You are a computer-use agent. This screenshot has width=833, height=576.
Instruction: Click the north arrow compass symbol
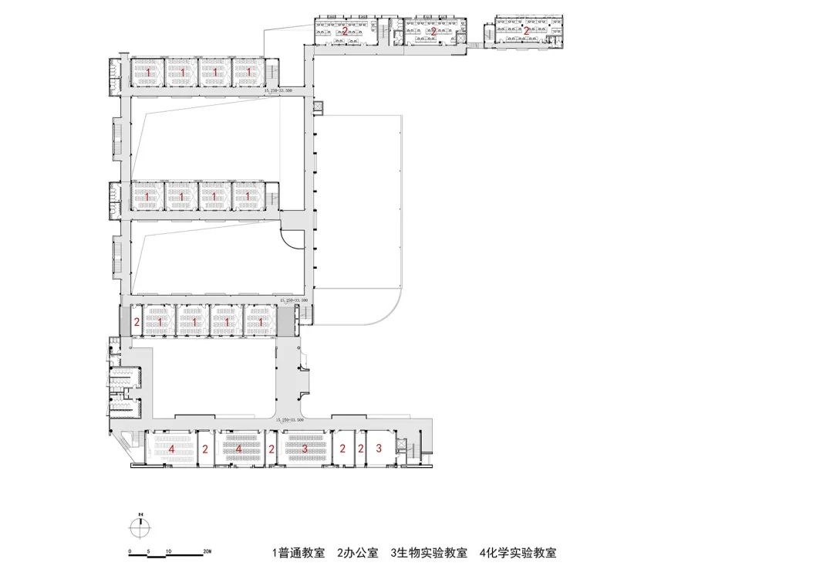tap(138, 529)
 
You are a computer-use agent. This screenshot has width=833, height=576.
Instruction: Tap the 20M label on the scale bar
tap(206, 551)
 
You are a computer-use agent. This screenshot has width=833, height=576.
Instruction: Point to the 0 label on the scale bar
tap(130, 551)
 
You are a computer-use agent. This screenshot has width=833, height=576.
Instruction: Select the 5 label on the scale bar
tap(149, 551)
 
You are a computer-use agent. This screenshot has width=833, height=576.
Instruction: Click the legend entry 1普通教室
tap(297, 553)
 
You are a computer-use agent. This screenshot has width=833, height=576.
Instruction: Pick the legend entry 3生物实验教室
tap(429, 553)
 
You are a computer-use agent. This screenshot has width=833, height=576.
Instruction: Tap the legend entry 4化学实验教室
tap(517, 553)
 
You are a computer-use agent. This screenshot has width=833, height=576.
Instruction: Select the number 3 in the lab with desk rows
tap(304, 448)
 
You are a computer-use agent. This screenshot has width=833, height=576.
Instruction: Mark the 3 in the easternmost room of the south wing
tap(379, 448)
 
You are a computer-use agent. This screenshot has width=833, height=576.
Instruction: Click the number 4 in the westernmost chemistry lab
tap(171, 448)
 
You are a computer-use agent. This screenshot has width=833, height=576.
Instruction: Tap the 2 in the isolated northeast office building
tap(526, 32)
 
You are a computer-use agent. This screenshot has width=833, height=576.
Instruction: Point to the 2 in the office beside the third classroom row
tap(137, 322)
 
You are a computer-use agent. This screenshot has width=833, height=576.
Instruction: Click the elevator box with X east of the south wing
tap(401, 445)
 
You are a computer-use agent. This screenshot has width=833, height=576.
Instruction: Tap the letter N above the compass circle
tap(138, 514)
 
